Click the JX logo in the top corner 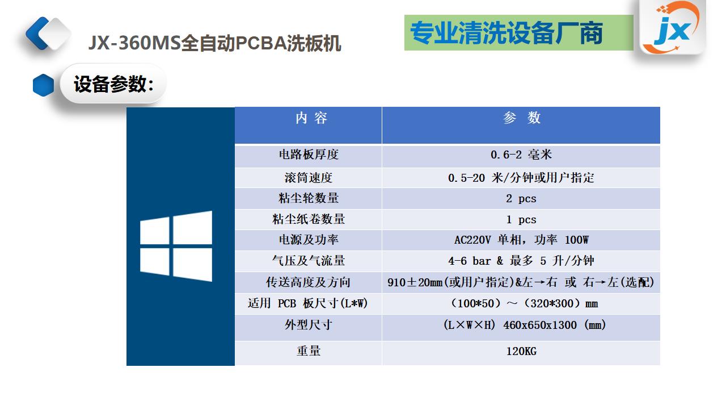pyautogui.click(x=673, y=27)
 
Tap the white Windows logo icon pyautogui.click(x=176, y=246)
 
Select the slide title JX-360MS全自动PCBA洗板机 pyautogui.click(x=214, y=43)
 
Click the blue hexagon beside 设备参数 pyautogui.click(x=44, y=85)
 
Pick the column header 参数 pyautogui.click(x=522, y=118)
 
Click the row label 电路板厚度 pyautogui.click(x=309, y=155)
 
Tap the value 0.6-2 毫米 pyautogui.click(x=521, y=155)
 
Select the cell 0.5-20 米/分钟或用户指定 pyautogui.click(x=521, y=178)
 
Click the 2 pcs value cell pyautogui.click(x=521, y=199)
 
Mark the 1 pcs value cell pyautogui.click(x=521, y=220)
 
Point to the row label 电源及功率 pyautogui.click(x=309, y=240)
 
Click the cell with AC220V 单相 pyautogui.click(x=521, y=240)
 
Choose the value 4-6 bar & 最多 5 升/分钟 pyautogui.click(x=521, y=261)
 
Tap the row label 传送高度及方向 pyautogui.click(x=309, y=282)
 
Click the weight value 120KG pyautogui.click(x=521, y=351)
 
